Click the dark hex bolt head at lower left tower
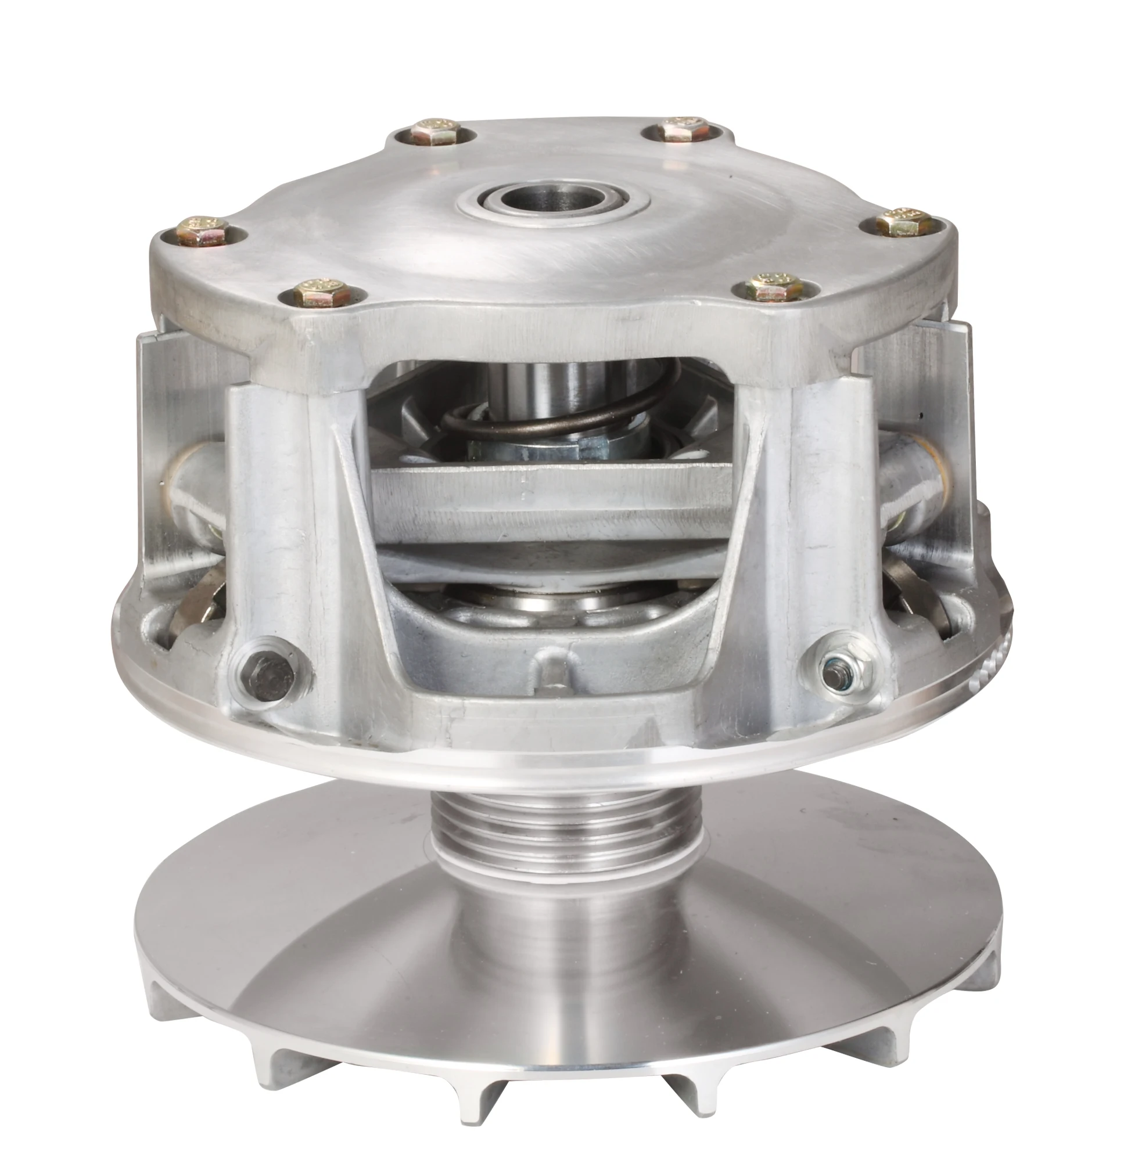(x=265, y=675)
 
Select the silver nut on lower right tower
(x=835, y=664)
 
